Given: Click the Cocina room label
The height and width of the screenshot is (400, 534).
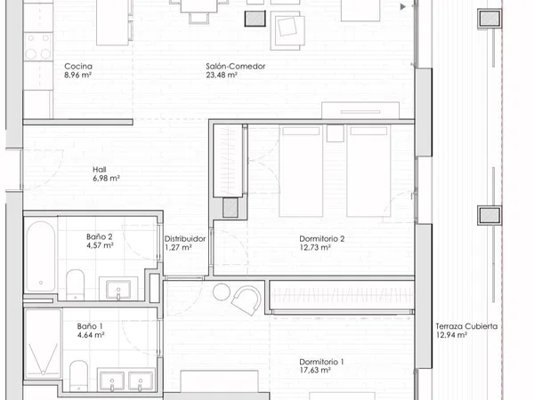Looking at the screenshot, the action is (78, 67).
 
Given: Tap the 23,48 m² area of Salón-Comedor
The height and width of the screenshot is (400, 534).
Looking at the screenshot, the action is (222, 76).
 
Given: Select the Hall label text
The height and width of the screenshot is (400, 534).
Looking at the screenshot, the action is (100, 170).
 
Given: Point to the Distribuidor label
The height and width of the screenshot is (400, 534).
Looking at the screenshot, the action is (185, 239).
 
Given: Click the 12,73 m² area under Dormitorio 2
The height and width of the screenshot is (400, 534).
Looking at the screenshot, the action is (315, 248).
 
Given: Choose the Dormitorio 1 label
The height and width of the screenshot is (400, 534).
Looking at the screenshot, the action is (321, 362).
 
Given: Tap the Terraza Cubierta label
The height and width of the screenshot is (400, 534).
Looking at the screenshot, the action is (466, 326).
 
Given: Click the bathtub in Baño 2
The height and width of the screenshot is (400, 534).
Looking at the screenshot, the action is (41, 256).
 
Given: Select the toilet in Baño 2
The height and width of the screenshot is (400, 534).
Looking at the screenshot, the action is (75, 284).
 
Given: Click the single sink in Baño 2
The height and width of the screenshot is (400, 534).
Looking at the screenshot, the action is (118, 290).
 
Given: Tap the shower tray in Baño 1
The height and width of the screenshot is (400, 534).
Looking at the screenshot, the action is (43, 343).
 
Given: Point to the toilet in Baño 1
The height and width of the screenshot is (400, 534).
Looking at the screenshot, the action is (78, 376).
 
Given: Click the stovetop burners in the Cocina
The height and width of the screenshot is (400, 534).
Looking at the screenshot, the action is (37, 46).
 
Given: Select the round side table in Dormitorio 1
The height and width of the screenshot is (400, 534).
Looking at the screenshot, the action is (222, 292).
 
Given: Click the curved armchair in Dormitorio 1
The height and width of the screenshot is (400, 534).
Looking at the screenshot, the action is (247, 300).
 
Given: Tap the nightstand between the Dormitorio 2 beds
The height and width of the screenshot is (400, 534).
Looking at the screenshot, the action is (336, 133).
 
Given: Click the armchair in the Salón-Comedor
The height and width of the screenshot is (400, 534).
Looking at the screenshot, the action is (287, 30).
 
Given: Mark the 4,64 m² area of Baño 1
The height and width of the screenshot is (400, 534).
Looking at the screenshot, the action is (91, 335).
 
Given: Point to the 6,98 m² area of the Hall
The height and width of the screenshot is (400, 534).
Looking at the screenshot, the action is (106, 179).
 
